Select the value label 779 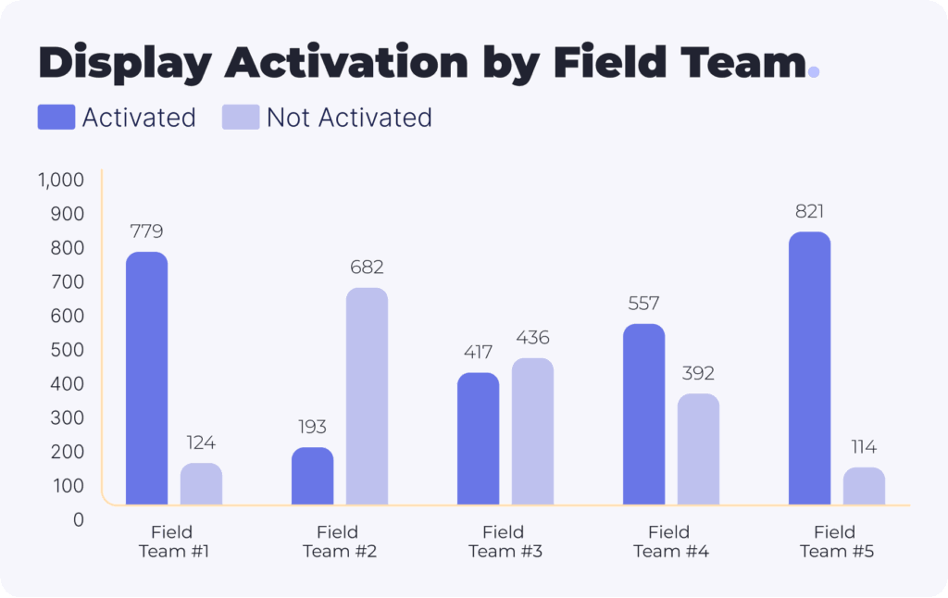[146, 231]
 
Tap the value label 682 [367, 268]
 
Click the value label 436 [532, 338]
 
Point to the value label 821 [809, 211]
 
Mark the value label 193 [312, 428]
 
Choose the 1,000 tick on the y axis [61, 180]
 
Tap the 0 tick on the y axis [78, 519]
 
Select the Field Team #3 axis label [505, 542]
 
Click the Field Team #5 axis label [836, 542]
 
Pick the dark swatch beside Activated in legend [56, 118]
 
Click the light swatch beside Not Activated [241, 118]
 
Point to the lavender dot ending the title [814, 71]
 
